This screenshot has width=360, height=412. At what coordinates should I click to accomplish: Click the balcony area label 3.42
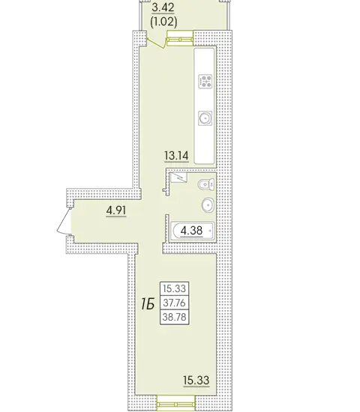(x=163, y=7)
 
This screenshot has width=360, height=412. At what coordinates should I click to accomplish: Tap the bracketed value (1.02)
(x=163, y=22)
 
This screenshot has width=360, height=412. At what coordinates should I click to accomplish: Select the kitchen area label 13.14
(x=176, y=156)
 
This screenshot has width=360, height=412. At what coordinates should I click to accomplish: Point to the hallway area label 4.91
(x=116, y=210)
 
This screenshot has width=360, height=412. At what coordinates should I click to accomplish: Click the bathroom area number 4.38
(x=191, y=231)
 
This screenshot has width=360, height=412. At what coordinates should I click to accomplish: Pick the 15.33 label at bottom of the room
(x=196, y=380)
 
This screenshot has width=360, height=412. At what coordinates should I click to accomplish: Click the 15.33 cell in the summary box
(x=175, y=288)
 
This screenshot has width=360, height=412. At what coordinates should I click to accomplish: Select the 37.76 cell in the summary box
(x=175, y=303)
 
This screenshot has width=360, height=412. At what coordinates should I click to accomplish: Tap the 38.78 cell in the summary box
(x=175, y=317)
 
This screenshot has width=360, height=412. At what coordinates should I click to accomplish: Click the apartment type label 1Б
(x=148, y=304)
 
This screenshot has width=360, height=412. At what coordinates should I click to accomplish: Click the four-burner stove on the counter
(x=205, y=82)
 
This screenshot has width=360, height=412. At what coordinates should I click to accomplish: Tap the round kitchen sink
(x=205, y=118)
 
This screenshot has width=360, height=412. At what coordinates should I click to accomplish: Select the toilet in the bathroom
(x=206, y=184)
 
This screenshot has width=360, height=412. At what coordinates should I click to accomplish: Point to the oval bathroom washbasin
(x=208, y=205)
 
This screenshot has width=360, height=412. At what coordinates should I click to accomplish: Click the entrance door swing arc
(x=63, y=221)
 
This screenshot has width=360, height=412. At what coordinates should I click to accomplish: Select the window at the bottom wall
(x=176, y=405)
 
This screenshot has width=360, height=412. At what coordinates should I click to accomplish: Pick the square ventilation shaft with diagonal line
(x=178, y=178)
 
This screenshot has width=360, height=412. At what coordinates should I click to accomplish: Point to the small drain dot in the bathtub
(x=210, y=231)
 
